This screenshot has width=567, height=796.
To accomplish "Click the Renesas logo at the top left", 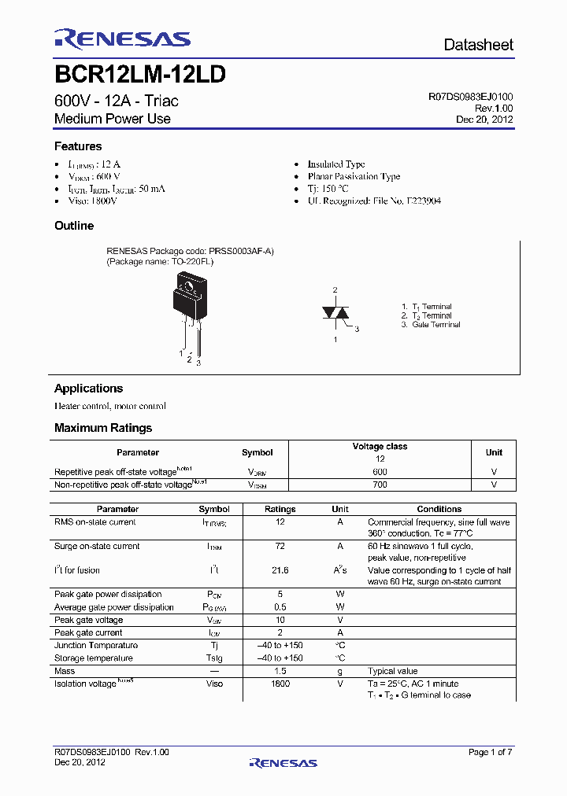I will click(x=122, y=39).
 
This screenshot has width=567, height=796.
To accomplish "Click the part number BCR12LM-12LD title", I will click(x=140, y=75).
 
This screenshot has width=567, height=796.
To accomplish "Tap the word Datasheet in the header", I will click(x=478, y=45).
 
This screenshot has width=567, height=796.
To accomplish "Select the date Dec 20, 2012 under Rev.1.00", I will click(x=484, y=120).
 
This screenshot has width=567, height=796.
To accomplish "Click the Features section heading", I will click(x=78, y=146).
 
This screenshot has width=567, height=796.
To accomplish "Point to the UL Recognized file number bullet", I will click(x=374, y=201).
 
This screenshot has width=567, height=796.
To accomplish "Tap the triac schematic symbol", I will click(x=335, y=313).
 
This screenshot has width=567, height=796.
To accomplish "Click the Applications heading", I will click(x=88, y=389).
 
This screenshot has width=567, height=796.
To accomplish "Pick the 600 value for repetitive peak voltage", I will click(x=380, y=472).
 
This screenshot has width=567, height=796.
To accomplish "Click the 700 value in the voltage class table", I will click(x=380, y=485).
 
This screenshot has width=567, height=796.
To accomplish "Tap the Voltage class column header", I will click(x=380, y=447).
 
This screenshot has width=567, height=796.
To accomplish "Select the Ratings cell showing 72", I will click(x=280, y=546).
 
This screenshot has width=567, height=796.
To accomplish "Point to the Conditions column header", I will click(x=439, y=509).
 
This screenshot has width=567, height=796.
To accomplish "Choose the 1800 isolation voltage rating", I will click(x=280, y=684).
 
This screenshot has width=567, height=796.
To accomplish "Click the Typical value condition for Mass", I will click(x=393, y=671).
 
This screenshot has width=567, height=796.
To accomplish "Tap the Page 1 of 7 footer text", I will click(x=490, y=753).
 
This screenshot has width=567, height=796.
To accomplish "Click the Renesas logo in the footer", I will click(x=283, y=762).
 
